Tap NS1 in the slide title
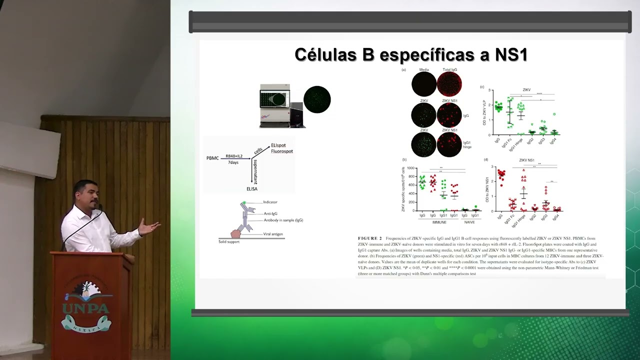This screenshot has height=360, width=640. click(509, 54)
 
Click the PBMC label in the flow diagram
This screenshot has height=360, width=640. click(212, 158)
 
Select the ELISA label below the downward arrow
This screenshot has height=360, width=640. click(252, 188)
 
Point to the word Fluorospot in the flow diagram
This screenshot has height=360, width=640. click(281, 151)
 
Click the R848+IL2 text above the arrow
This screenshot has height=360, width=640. click(234, 155)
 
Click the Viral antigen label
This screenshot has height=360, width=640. click(274, 234)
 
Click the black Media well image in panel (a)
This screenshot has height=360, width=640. click(424, 84)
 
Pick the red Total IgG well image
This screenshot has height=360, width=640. click(449, 84)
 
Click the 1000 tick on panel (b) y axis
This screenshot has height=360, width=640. click(411, 168)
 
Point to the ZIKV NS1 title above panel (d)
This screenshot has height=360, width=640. click(527, 160)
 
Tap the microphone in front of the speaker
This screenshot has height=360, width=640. click(99, 207)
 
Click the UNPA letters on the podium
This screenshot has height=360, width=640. click(86, 308)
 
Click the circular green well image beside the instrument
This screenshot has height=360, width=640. click(317, 99)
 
